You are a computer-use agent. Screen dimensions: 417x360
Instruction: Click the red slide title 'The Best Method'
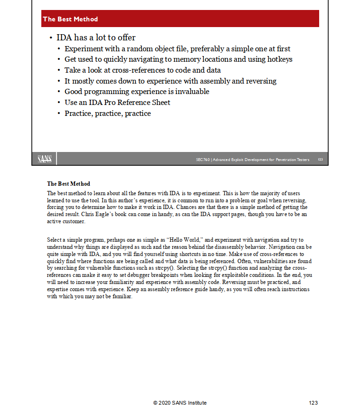pos(70,19)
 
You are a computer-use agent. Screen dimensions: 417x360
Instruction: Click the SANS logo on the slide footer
pos(45,159)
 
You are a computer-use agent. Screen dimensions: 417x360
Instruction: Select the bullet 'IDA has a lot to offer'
pos(96,38)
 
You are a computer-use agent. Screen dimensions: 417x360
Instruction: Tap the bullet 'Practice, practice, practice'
pos(108,114)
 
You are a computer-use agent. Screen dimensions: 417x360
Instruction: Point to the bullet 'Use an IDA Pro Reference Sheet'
pos(117,103)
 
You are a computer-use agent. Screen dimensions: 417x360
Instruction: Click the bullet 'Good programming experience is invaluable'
pos(137,92)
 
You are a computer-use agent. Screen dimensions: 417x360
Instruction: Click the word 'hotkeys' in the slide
pos(280,59)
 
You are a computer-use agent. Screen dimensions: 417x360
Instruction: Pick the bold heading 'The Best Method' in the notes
pos(68,184)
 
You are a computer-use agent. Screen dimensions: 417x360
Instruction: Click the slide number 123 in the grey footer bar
pos(320,160)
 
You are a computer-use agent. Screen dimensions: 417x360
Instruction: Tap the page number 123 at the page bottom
pos(313,403)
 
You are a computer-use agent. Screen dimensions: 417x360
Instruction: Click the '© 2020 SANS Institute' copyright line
pos(180,403)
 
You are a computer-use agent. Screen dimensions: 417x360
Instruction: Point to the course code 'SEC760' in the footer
pos(203,160)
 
